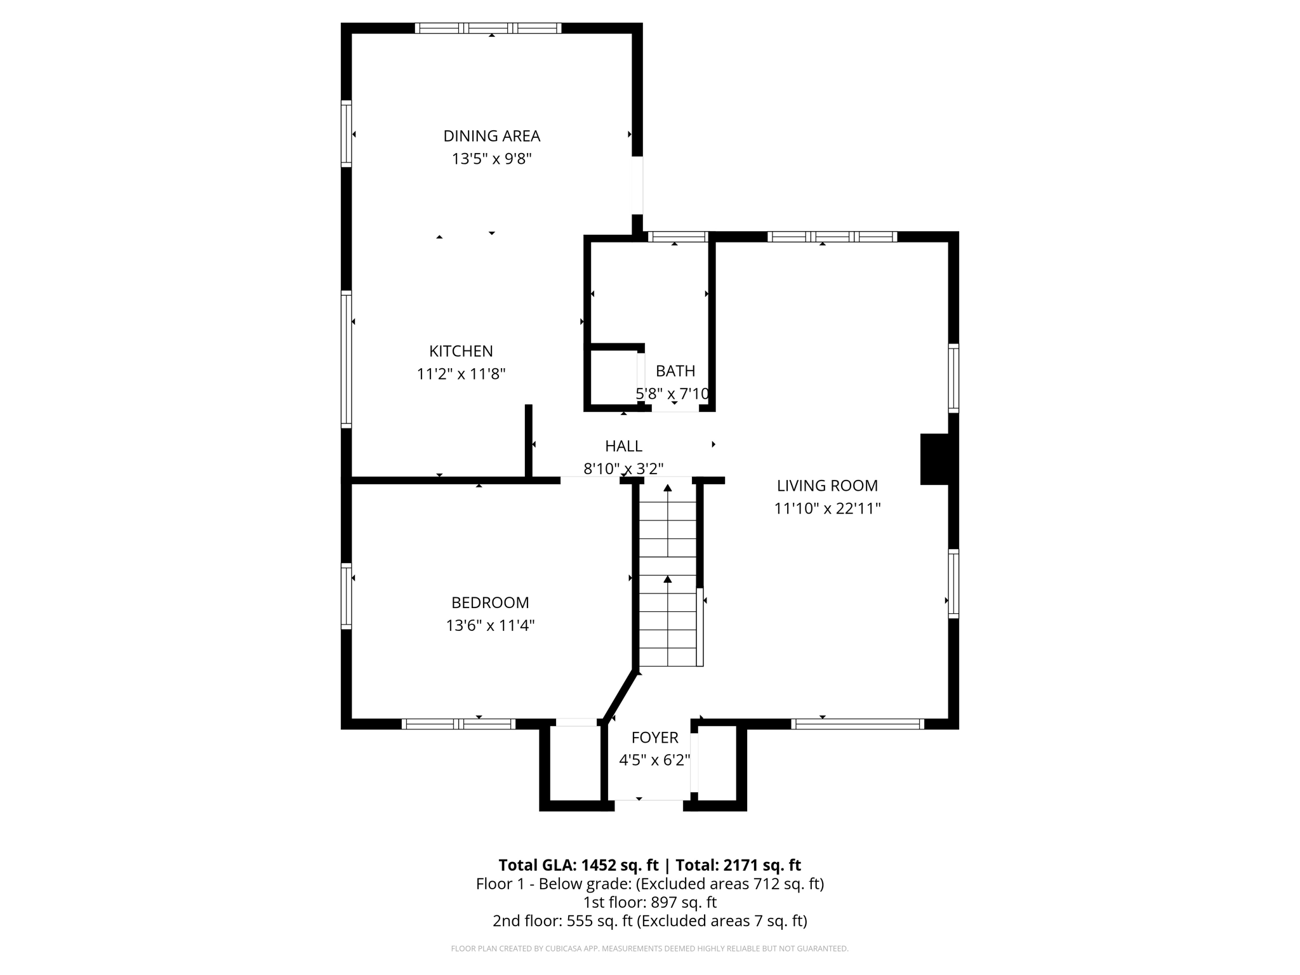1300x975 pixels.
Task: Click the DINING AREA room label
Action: [491, 136]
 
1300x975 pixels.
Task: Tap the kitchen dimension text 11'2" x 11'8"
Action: [461, 374]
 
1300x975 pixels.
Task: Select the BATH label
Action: [675, 371]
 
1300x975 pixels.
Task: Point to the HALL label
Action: [623, 446]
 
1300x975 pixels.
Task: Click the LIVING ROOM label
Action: [827, 486]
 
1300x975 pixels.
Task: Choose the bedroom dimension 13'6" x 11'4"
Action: [490, 625]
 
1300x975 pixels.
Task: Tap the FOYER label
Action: [654, 738]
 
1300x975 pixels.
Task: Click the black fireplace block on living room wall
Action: [934, 459]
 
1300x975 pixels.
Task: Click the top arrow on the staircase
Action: [667, 488]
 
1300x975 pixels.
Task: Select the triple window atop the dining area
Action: [487, 28]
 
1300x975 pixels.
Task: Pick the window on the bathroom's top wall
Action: [677, 237]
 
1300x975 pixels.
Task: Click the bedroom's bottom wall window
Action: [458, 724]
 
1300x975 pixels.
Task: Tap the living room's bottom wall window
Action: [857, 724]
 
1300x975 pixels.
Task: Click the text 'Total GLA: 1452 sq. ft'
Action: [578, 865]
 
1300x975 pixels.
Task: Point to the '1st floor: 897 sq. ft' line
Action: [649, 902]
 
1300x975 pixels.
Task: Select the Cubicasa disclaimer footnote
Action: [649, 948]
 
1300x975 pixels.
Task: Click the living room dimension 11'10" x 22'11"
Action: [827, 508]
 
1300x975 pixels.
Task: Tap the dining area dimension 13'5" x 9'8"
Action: [491, 159]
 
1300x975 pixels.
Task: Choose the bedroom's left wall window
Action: [346, 595]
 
